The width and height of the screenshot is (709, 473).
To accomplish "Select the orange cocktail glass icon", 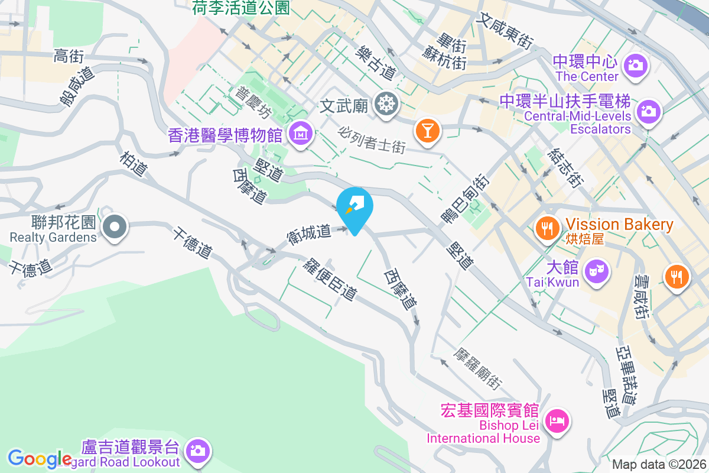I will pos(427,129).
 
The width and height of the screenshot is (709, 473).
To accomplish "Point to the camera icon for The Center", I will pos(636,64).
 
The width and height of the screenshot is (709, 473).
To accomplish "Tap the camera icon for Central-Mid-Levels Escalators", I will pos(648,111).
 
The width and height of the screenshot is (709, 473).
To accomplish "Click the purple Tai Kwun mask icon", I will pos(596,272).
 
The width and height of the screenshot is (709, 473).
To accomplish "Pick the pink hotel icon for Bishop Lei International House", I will pos(557,421).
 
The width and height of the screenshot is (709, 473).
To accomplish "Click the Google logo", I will pos(40,459).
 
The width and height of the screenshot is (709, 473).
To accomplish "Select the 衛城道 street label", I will pos(309,233).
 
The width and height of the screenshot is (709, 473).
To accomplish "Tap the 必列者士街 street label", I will pos(372,138).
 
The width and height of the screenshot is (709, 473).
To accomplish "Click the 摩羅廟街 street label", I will pos(478,366).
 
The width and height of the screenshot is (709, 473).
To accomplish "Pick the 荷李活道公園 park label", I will pos(241,7).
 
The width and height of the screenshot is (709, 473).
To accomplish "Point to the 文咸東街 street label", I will pos(506,31).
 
